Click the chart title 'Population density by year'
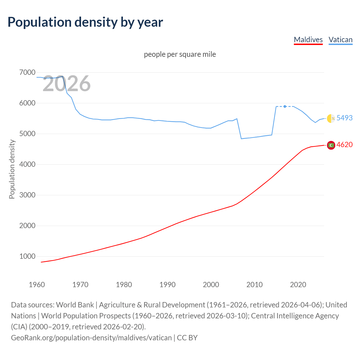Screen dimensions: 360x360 (x=85, y=22)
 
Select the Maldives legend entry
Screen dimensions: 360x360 (x=308, y=40)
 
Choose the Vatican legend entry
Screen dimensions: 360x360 (x=341, y=40)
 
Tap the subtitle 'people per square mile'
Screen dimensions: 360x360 (x=180, y=54)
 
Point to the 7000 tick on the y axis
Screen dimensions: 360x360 (x=27, y=73)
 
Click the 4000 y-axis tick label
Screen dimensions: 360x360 (x=27, y=164)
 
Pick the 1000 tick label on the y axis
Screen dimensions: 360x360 (x=27, y=256)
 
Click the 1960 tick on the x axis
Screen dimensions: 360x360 (x=37, y=285)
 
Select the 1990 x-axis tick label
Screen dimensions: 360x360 (x=167, y=285)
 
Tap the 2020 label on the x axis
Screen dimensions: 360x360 (x=298, y=285)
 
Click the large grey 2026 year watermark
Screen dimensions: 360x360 (x=67, y=84)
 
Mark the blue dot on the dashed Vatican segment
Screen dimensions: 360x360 (x=285, y=106)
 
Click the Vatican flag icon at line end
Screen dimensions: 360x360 (x=331, y=118)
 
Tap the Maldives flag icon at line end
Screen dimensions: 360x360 (x=331, y=145)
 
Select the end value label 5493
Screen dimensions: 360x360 (x=345, y=118)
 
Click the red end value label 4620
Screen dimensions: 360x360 (x=345, y=145)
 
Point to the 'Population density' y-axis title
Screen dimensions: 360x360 (x=12, y=169)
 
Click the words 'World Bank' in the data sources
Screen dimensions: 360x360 (x=75, y=305)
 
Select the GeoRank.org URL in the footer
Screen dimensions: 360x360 (x=91, y=338)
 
